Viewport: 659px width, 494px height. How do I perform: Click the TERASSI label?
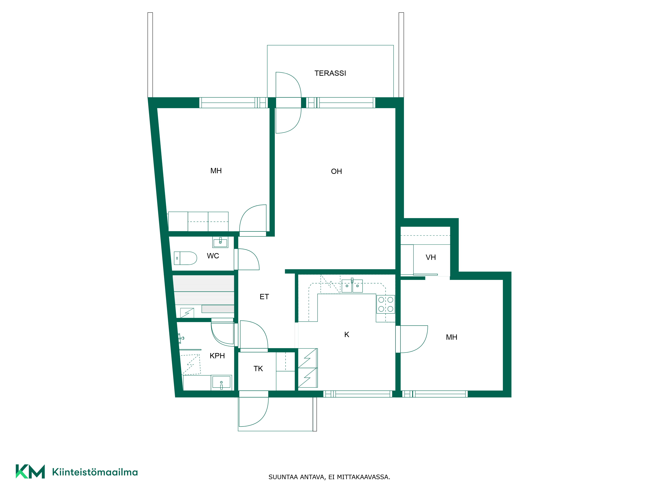(330, 73)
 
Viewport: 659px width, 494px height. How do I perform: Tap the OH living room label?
(336, 172)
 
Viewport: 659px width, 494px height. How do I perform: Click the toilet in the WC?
(185, 258)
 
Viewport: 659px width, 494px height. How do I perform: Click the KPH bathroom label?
(217, 356)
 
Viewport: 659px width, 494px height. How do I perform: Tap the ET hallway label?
(264, 297)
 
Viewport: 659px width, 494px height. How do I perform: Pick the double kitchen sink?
(352, 286)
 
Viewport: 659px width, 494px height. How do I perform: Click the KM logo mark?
(30, 471)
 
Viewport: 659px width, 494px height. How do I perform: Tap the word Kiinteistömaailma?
(95, 472)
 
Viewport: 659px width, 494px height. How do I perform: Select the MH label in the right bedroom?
(451, 337)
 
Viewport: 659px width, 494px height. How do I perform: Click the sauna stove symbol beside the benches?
(187, 313)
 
